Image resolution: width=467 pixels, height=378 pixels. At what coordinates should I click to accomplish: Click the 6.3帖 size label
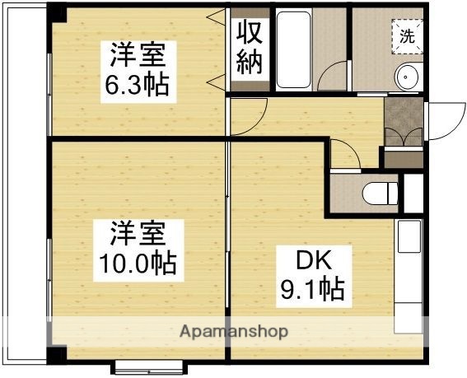pyautogui.click(x=138, y=84)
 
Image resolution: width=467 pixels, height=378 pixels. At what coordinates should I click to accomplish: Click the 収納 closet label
pyautogui.click(x=250, y=48)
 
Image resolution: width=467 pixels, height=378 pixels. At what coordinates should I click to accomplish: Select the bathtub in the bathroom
pyautogui.click(x=294, y=49)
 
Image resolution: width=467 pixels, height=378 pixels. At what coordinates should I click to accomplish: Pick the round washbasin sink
pyautogui.click(x=408, y=78)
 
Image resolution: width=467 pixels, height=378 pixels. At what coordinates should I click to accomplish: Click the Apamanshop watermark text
pyautogui.click(x=235, y=332)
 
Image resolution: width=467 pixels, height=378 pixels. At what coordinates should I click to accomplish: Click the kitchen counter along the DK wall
pyautogui.click(x=409, y=280)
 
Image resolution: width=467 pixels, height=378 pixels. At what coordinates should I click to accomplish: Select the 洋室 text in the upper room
pyautogui.click(x=138, y=56)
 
